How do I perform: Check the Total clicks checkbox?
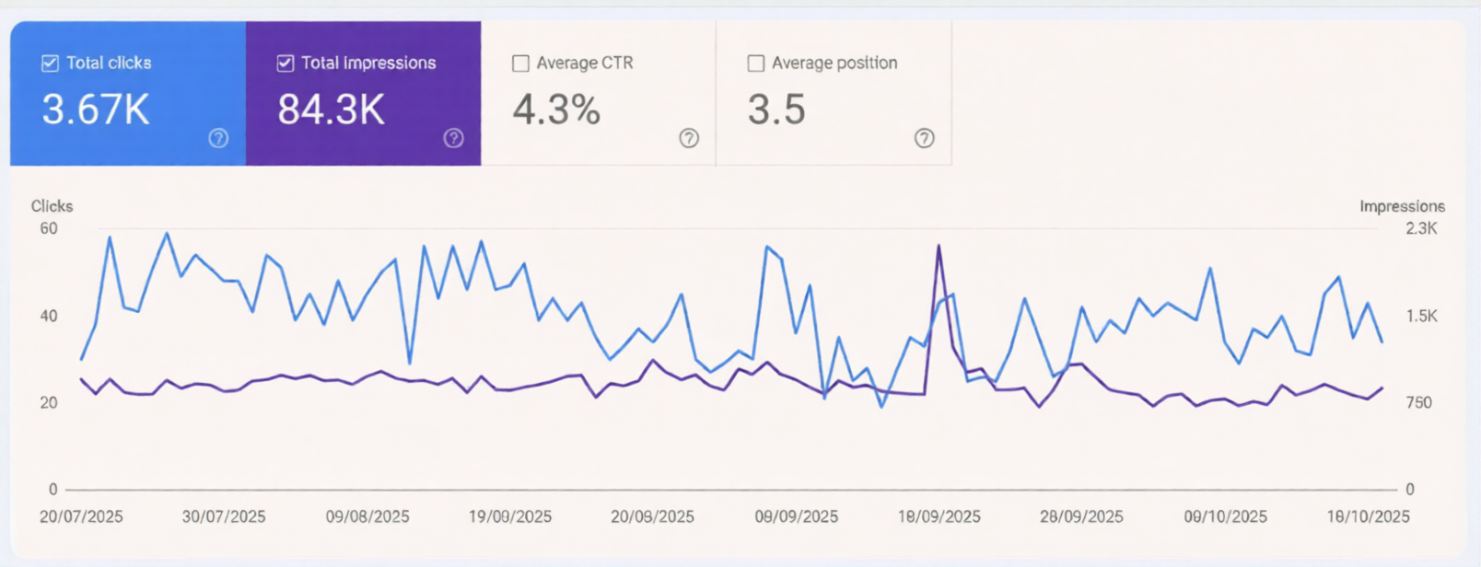click(x=50, y=64)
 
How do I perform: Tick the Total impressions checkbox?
click(x=286, y=64)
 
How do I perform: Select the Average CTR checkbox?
click(x=520, y=64)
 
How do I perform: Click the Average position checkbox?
click(x=756, y=64)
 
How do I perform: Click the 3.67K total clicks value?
click(x=96, y=110)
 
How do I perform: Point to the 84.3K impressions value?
click(x=332, y=110)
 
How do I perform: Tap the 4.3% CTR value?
click(x=556, y=110)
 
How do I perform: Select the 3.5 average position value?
click(x=776, y=110)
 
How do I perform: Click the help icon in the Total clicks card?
click(x=218, y=138)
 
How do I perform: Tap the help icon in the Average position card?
click(x=924, y=138)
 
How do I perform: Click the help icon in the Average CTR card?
click(x=689, y=138)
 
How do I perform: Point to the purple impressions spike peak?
click(x=939, y=246)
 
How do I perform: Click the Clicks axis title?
click(x=52, y=206)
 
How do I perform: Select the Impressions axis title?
click(x=1402, y=206)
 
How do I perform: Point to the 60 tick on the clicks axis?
click(x=49, y=228)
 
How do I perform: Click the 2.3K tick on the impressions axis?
click(x=1421, y=228)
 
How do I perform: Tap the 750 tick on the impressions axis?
click(x=1418, y=402)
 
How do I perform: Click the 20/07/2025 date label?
click(x=81, y=516)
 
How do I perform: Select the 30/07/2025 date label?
click(x=224, y=516)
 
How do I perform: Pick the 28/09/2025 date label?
click(x=1081, y=516)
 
